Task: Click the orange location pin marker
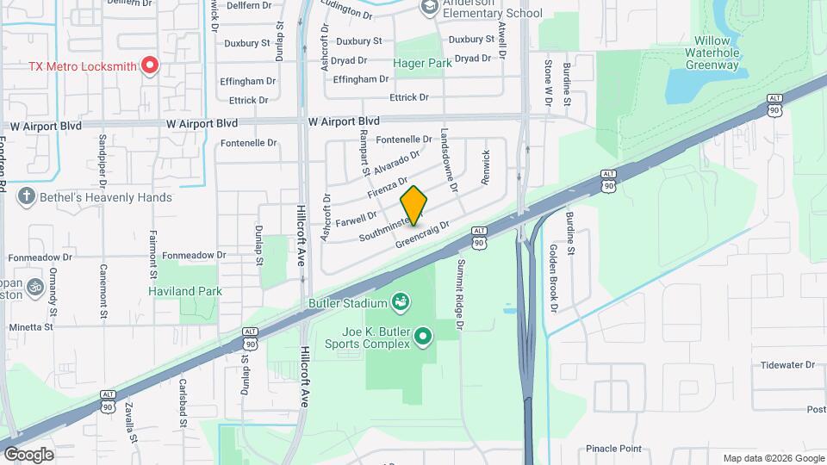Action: [x=414, y=204]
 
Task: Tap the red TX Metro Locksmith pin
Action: [x=150, y=65]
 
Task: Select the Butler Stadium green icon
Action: [x=400, y=301]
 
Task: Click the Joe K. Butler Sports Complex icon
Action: [x=422, y=336]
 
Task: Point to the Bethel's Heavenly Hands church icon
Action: [x=28, y=197]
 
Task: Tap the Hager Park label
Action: [x=422, y=63]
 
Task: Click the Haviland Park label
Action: [x=184, y=291]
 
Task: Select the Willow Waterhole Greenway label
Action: [x=712, y=53]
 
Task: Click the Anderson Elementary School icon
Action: [x=429, y=8]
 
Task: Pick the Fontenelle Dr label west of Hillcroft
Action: [x=248, y=143]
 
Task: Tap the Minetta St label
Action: [x=31, y=327]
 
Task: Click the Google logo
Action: [x=28, y=454]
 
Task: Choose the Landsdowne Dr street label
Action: [x=449, y=159]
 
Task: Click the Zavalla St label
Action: [x=130, y=422]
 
